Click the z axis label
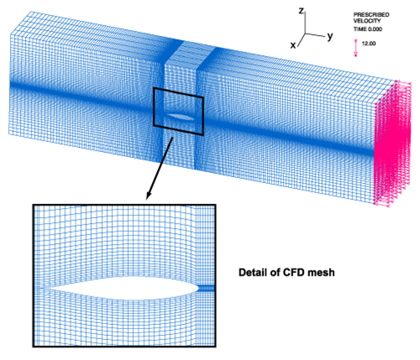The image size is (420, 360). click(301, 11)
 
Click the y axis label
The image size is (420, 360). click(330, 36)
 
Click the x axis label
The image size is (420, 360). click(293, 45)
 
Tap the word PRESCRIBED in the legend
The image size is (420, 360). click(372, 15)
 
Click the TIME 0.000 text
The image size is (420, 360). click(367, 29)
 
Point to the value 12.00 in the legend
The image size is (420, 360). click(368, 43)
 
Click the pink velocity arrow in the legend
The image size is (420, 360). click(356, 48)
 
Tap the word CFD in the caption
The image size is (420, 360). click(293, 272)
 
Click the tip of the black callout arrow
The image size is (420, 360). click(147, 200)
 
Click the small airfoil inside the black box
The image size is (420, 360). click(181, 117)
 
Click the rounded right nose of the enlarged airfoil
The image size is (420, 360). click(198, 288)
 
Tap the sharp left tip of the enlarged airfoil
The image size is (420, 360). click(43, 288)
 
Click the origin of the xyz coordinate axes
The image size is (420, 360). click(306, 34)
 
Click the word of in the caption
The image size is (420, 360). click(275, 272)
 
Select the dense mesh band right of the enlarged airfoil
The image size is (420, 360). click(206, 288)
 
